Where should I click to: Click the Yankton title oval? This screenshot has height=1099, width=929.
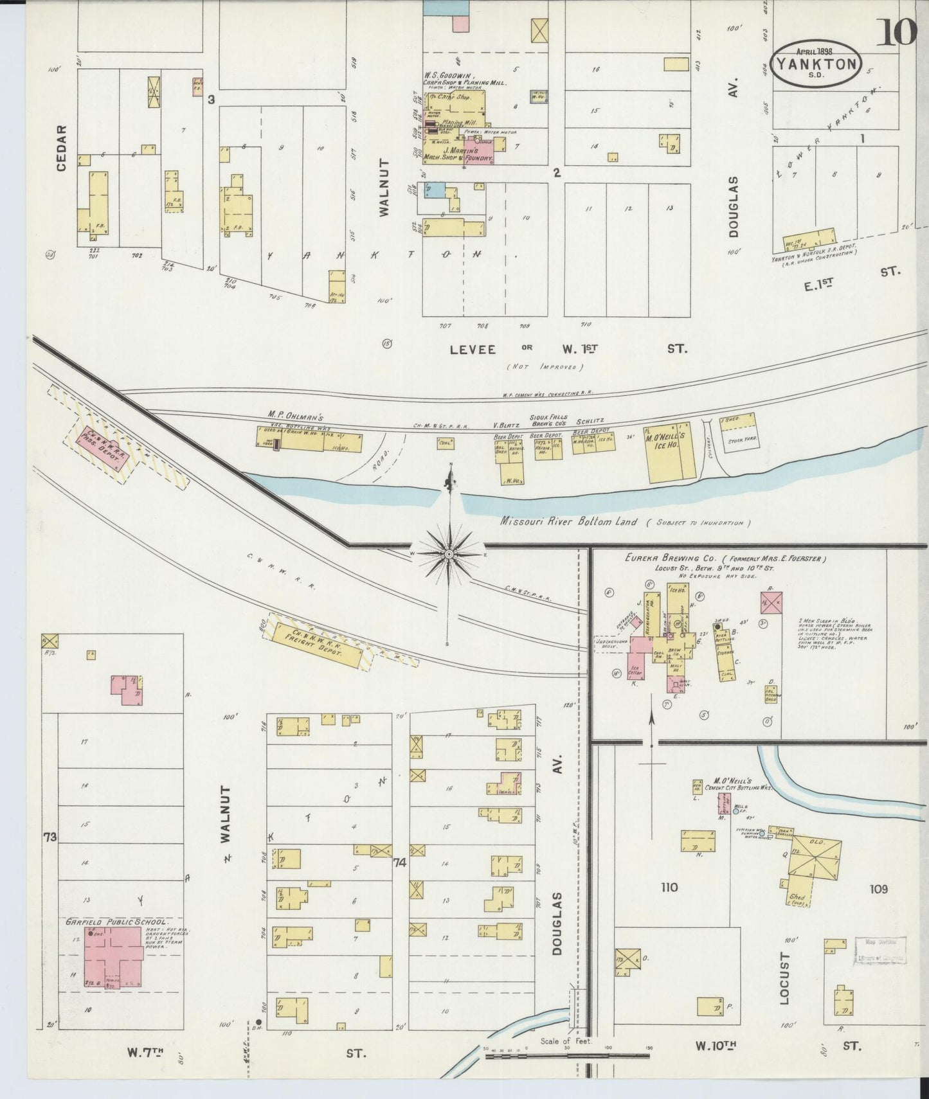[x=815, y=64]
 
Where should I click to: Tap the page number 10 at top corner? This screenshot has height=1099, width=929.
[x=896, y=32]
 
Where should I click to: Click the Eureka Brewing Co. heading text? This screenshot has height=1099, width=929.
[x=725, y=558]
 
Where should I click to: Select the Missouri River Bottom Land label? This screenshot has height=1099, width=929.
[x=568, y=521]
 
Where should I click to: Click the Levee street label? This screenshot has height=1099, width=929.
[x=473, y=349]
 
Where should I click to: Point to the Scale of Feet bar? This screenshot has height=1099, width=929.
[x=566, y=1055]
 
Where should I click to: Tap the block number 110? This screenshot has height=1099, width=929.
[x=669, y=888]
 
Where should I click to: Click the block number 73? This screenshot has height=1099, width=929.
[x=50, y=837]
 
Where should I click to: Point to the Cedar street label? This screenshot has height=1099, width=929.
[x=62, y=148]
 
